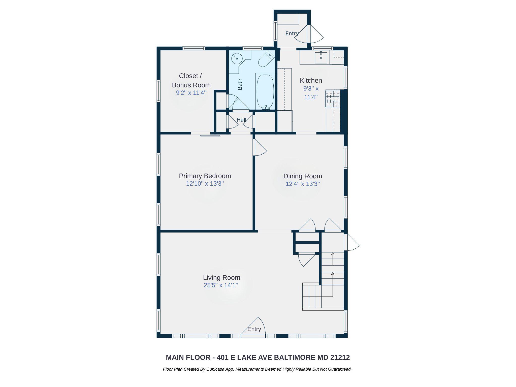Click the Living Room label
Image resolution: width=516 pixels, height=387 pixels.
221,277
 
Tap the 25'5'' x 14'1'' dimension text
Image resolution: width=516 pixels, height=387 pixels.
221,285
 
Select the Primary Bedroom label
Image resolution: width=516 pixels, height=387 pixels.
205,176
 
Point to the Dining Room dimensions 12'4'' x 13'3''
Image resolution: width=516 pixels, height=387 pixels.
303,184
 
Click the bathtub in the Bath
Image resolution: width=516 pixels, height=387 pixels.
265,91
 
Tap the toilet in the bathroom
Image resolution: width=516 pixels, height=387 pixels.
266,59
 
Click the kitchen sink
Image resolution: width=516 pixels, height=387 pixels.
321,58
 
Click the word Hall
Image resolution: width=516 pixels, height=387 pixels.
241,120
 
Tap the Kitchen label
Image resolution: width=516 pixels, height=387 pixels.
311,80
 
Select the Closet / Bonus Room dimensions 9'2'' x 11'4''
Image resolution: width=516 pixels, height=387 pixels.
191,93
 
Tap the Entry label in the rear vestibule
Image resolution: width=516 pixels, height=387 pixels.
292,33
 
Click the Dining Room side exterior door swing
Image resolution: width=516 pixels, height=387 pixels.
352,242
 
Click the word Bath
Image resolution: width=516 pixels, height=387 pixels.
240,84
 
